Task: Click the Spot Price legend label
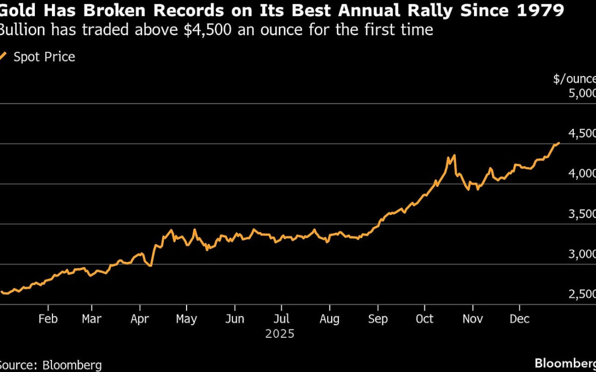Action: point(44,57)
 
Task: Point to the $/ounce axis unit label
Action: point(574,79)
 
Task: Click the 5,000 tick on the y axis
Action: point(582,93)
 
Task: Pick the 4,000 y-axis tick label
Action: point(582,174)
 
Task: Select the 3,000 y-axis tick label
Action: point(582,254)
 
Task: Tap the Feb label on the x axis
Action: point(48,319)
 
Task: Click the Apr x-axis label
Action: point(140,319)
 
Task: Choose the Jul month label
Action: point(281,319)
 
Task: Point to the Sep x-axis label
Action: point(378,319)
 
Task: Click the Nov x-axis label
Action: point(472,319)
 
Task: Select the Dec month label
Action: point(519,319)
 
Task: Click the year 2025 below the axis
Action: point(280,334)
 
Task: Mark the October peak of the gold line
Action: point(454,155)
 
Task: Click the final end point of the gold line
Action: point(558,143)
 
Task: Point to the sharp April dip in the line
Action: point(151,266)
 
